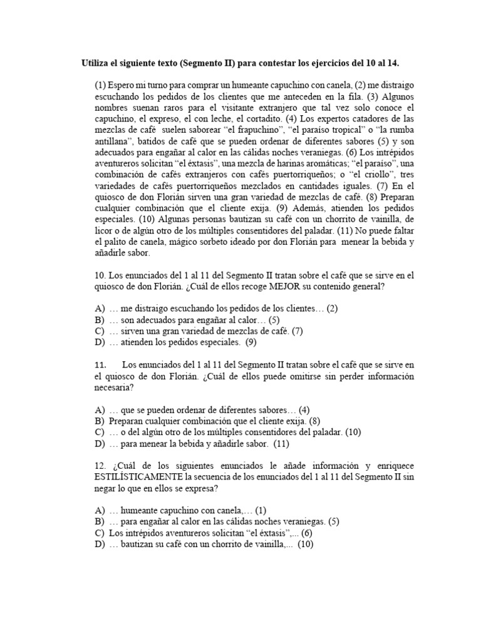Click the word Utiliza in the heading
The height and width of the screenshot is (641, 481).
(x=96, y=64)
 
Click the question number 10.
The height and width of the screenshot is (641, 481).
(x=101, y=274)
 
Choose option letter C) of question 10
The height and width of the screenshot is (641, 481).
(x=100, y=331)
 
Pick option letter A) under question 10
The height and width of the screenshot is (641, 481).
(x=100, y=308)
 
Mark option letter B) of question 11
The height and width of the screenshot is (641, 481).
(x=100, y=421)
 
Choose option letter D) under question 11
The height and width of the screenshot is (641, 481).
(x=100, y=444)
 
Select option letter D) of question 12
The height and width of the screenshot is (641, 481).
(x=100, y=545)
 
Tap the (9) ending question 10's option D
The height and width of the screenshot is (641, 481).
(x=251, y=342)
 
